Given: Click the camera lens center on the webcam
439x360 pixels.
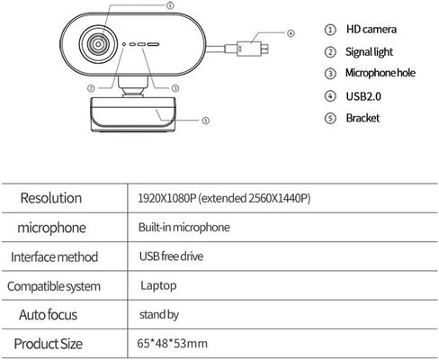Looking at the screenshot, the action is pos(98,44).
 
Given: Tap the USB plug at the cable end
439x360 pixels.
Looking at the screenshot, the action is pos(253,49).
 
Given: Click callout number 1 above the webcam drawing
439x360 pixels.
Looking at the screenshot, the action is pos(170,5).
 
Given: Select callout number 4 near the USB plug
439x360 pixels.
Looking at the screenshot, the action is pos(291,33).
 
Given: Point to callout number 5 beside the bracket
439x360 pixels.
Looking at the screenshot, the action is pos(205,121).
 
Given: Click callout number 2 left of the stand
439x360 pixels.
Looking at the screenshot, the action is pos(91,88).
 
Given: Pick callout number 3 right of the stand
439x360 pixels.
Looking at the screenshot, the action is pos(175,88).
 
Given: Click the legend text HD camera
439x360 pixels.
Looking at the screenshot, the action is pos(372,30).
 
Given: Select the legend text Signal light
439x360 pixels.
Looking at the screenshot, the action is pos(369,52).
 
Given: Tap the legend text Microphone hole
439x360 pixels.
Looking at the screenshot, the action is pos(381,73).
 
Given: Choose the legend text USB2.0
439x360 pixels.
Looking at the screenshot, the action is pos(363,96).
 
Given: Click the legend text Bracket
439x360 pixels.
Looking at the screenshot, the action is pos(363,118).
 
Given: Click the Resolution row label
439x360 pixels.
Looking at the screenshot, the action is pos(51,198).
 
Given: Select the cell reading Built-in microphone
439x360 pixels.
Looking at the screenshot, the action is pos(184,227).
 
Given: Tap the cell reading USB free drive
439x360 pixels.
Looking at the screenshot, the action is pos(171,256).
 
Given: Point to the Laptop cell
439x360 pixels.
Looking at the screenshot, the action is pos(158,285).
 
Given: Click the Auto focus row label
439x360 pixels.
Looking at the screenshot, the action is pos(49,315).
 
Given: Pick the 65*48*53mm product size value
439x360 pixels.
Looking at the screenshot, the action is pos(172,343).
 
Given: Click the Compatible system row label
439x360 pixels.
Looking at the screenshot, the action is pos(54,286).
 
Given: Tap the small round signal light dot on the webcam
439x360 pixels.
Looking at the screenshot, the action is pos(124,44).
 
